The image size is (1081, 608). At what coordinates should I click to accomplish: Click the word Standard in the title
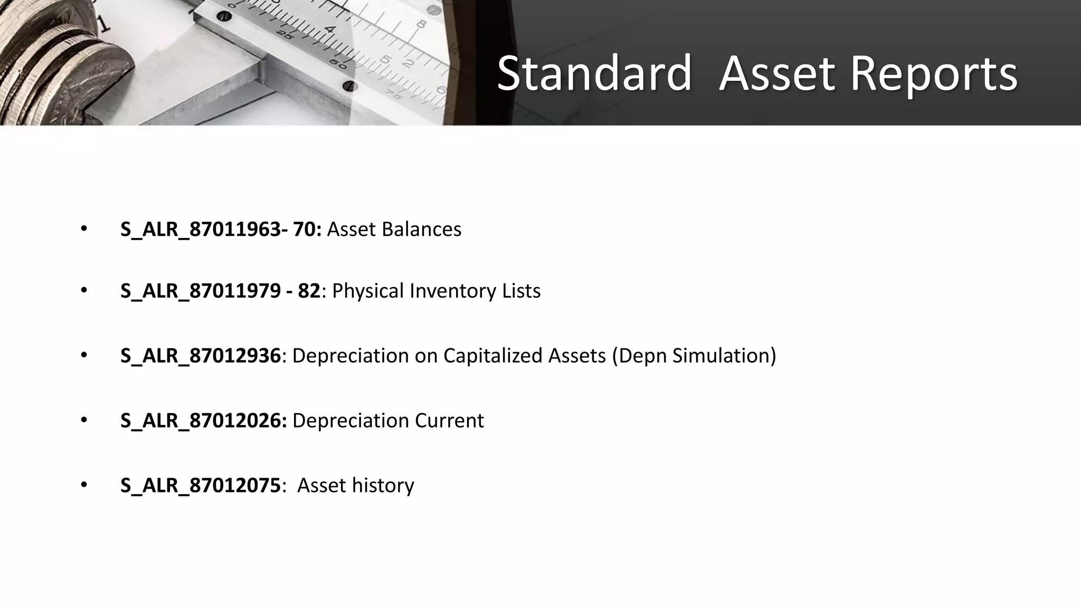pos(594,74)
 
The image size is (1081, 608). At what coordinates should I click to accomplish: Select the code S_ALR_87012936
pos(201,356)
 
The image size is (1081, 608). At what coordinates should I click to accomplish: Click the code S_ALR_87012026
pos(202,421)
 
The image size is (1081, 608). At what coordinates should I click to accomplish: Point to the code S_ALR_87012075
pos(201,486)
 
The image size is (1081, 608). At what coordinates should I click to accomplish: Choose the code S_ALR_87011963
pos(201,230)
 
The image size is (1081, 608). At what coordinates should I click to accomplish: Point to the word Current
pos(449,421)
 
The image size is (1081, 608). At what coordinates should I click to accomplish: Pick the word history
pos(383,486)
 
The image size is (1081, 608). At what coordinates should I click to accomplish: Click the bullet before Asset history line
pos(84,484)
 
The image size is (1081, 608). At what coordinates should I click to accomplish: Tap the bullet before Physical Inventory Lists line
pos(84,290)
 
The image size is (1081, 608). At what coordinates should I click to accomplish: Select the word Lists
pos(521,291)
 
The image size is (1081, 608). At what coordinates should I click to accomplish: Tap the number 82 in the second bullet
pos(309,291)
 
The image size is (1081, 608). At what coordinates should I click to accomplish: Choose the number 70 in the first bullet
pos(307,230)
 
